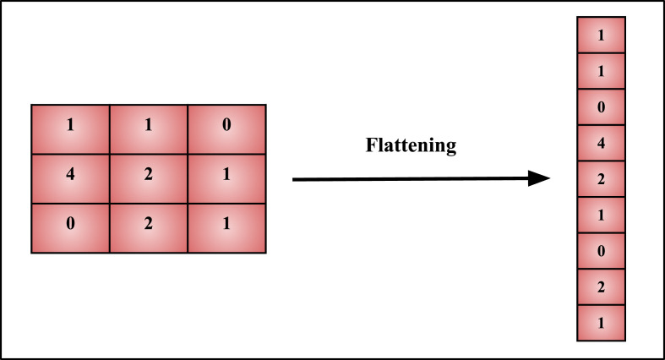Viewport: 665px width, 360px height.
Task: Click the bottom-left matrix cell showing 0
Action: (70, 227)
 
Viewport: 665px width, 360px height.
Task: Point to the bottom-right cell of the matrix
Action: (226, 227)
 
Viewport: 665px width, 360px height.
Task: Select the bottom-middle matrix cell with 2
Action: (148, 227)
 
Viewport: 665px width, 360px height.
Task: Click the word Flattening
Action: (411, 145)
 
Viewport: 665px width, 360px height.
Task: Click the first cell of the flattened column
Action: (601, 35)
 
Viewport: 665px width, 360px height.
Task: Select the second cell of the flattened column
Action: (601, 72)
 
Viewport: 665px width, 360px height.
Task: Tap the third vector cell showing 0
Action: (601, 108)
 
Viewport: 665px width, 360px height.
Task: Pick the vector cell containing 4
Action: (601, 144)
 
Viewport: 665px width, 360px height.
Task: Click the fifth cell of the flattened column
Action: (601, 180)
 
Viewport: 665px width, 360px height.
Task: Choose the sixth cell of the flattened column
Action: (601, 215)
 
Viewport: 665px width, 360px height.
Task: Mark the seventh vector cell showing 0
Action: (601, 252)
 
